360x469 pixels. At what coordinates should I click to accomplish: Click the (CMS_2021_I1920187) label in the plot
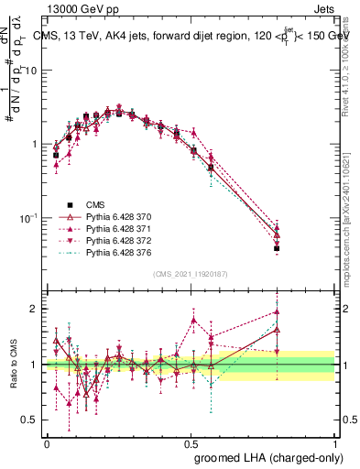[x=190, y=273]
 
